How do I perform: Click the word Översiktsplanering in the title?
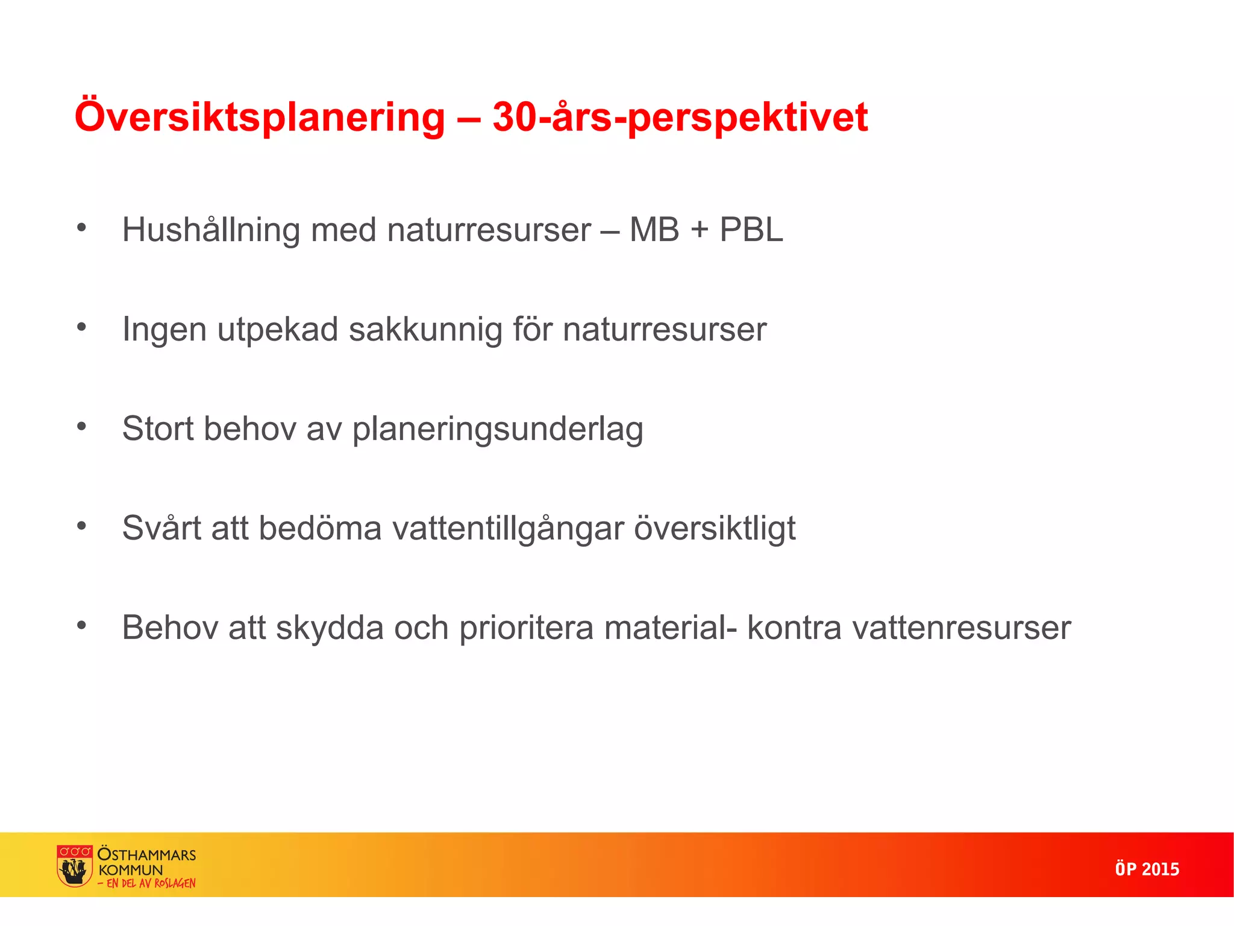point(259,117)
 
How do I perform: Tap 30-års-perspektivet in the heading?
point(680,117)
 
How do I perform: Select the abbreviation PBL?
point(751,230)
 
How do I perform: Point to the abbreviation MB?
point(654,230)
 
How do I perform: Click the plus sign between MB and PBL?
point(700,230)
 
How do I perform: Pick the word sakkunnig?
point(425,330)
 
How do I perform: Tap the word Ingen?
point(164,330)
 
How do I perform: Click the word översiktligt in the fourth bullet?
point(715,529)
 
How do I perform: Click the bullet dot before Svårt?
point(82,526)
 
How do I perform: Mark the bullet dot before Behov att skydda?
point(82,626)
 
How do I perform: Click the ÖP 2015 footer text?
point(1147,869)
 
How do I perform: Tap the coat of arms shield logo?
point(75,865)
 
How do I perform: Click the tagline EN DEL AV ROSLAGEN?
point(151,883)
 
